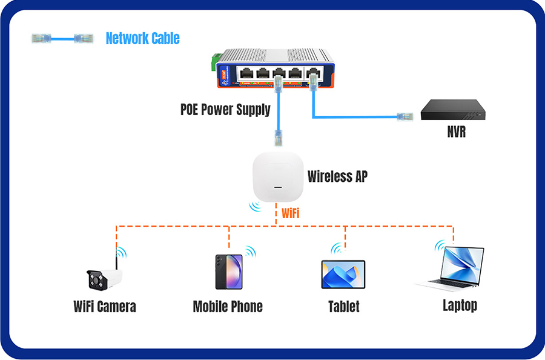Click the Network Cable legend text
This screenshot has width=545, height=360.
(x=142, y=38)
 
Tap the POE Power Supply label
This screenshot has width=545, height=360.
(x=225, y=110)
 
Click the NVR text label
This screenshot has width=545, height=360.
(x=455, y=132)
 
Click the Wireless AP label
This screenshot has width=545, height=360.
(x=337, y=176)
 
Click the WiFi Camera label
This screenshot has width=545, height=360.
(x=104, y=306)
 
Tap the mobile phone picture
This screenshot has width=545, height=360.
(x=228, y=271)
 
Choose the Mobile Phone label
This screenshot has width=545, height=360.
(x=228, y=306)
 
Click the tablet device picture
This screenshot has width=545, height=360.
(x=343, y=275)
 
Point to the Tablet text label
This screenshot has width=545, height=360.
(x=343, y=306)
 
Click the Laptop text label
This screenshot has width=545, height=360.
(x=460, y=305)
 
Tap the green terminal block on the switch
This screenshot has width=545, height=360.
(x=214, y=61)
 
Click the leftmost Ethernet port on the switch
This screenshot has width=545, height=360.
(x=246, y=74)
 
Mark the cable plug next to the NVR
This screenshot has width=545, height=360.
(x=403, y=115)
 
